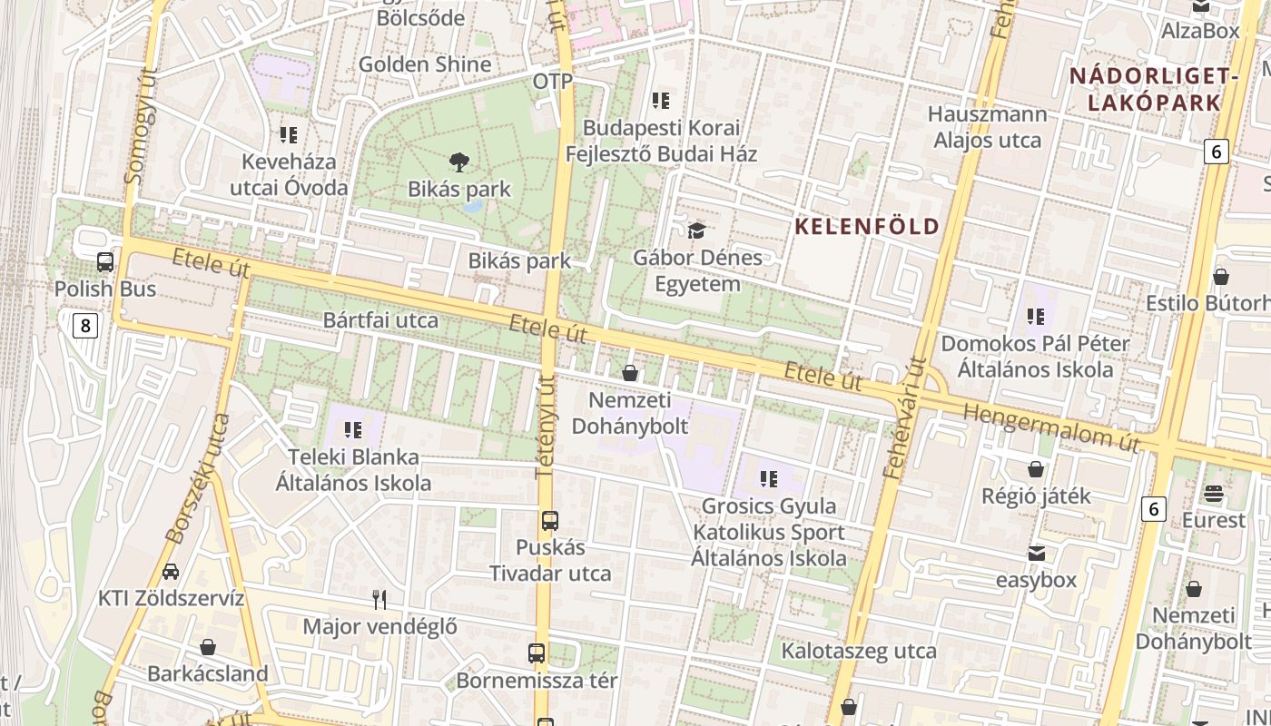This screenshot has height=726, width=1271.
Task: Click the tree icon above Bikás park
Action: [459, 162]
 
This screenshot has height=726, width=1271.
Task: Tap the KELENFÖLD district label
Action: [866, 226]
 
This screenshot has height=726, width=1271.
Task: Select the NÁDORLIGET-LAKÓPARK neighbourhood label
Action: [1154, 89]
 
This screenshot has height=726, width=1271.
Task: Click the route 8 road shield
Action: [84, 325]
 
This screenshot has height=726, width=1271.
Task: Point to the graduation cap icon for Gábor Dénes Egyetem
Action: [696, 231]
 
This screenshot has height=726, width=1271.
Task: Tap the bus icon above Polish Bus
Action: [105, 262]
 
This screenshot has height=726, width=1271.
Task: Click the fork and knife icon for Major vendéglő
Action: [379, 599]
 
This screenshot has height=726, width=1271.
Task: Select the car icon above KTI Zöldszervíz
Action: [171, 572]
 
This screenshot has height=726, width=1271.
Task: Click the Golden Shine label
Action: [425, 64]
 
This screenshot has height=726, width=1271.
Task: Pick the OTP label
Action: [553, 82]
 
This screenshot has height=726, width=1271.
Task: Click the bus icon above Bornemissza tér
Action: [537, 653]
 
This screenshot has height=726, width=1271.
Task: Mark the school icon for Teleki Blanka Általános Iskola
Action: [353, 429]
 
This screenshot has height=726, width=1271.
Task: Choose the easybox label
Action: [1036, 580]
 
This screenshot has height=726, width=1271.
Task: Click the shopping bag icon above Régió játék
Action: [1035, 469]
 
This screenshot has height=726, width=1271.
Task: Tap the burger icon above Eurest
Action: [1214, 494]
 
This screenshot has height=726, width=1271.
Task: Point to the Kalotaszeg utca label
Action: [859, 651]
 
